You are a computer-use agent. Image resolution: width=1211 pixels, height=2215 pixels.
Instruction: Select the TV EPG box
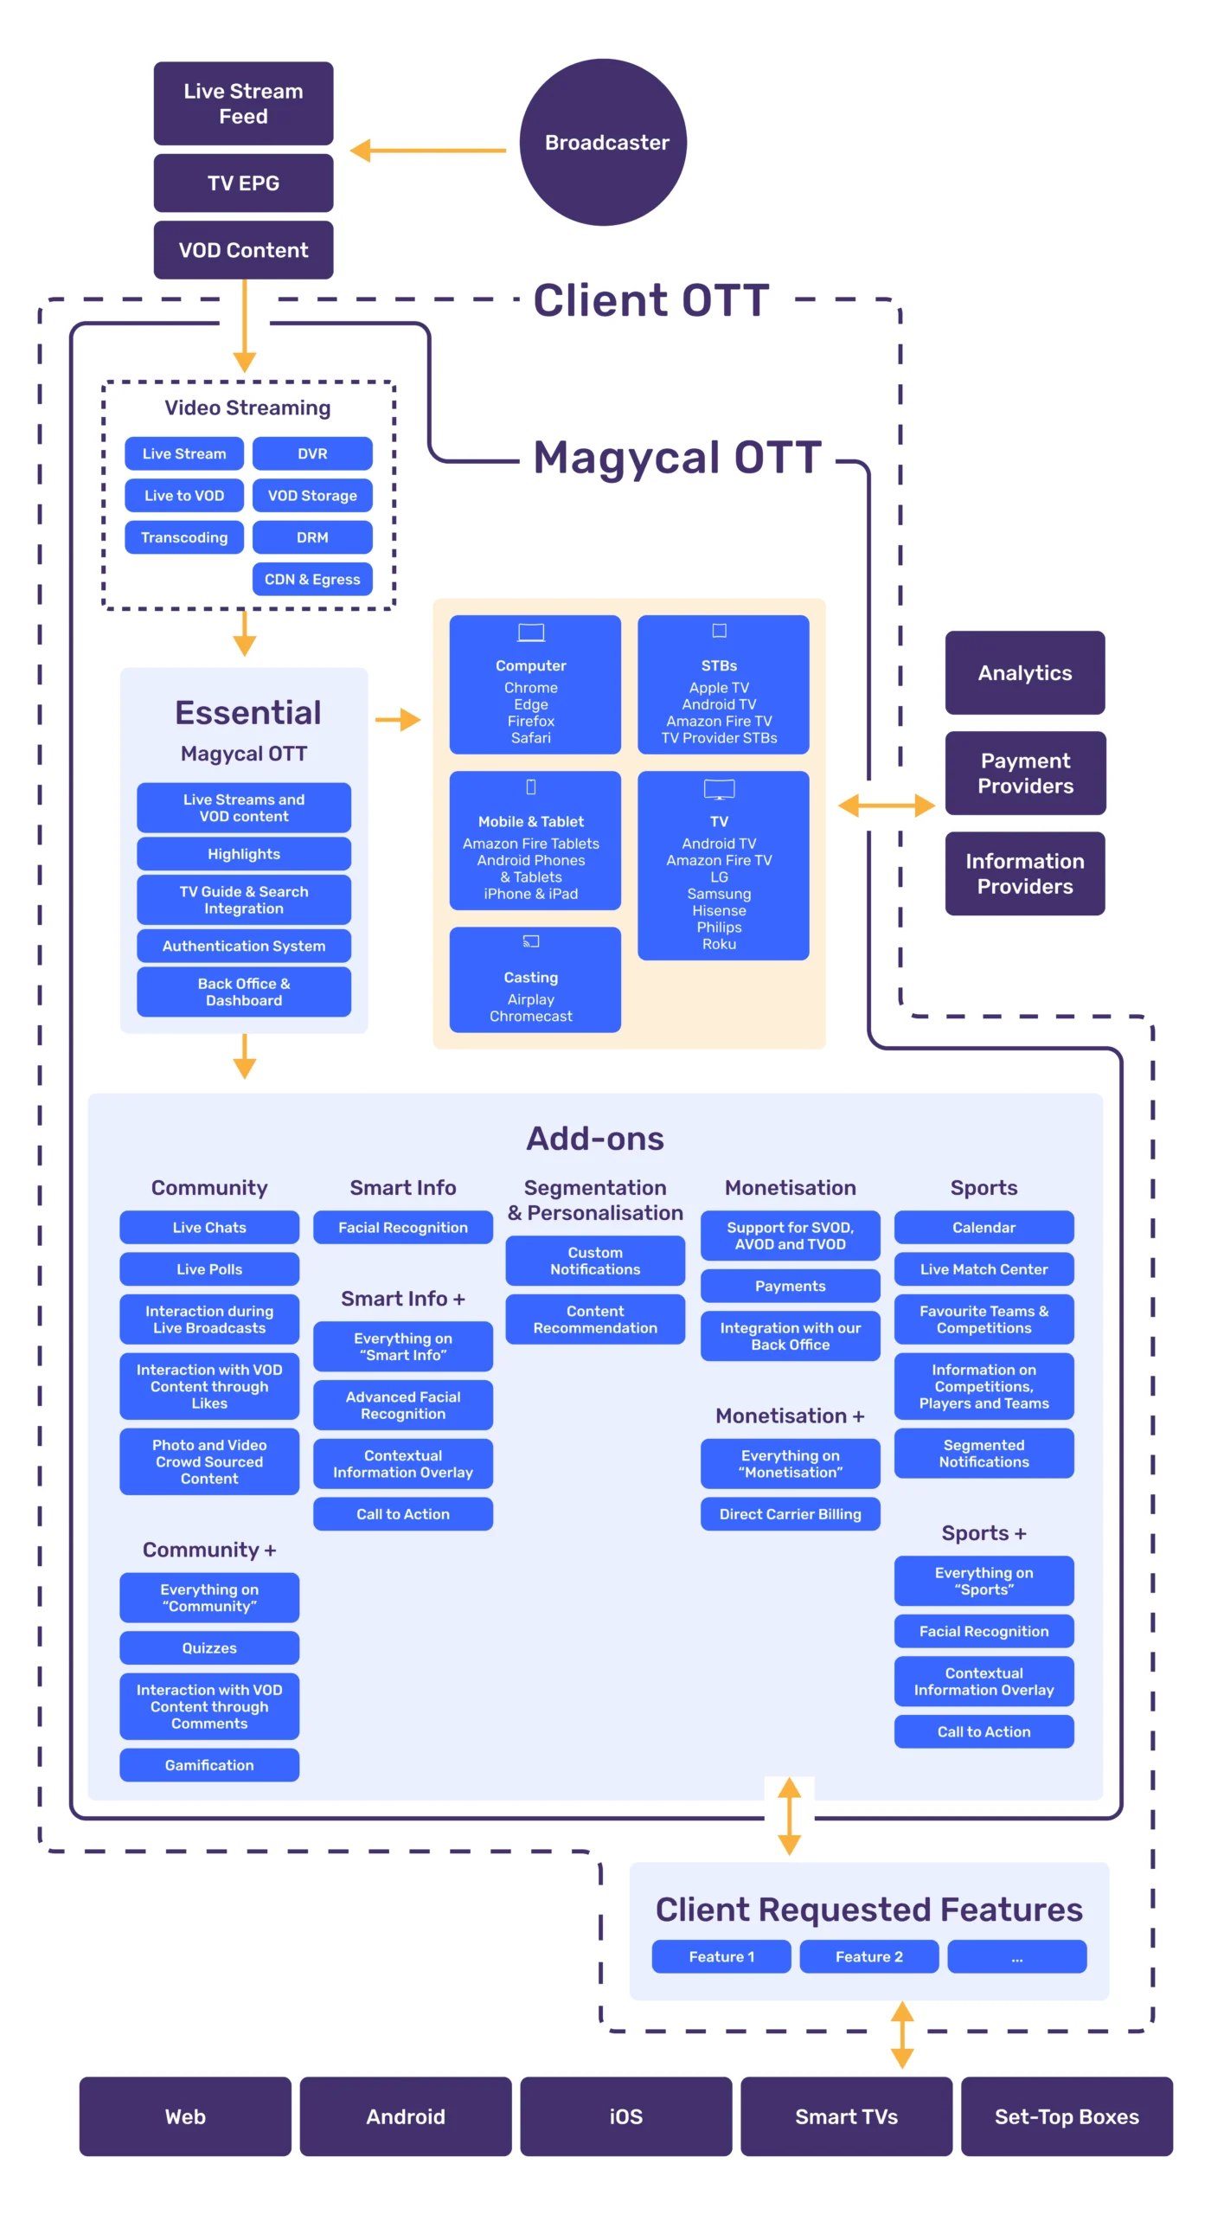pos(243,183)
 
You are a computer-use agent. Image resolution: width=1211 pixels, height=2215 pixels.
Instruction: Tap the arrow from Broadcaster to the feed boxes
pos(428,151)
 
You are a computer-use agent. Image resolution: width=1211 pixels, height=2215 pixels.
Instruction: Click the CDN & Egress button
pos(312,579)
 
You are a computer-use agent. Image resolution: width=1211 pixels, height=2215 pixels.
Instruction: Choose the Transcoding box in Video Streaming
pos(184,537)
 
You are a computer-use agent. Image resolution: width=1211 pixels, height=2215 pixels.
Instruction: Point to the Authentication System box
pos(244,946)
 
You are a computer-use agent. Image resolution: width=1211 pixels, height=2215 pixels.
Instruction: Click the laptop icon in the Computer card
pos(531,632)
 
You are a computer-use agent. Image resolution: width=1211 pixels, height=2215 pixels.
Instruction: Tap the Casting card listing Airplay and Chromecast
pos(535,979)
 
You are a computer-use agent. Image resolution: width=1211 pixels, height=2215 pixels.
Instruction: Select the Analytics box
pos(1024,672)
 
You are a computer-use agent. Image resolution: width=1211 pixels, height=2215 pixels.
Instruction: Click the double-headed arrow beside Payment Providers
pos(886,806)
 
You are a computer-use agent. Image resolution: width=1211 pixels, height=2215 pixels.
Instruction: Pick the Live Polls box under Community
pos(209,1268)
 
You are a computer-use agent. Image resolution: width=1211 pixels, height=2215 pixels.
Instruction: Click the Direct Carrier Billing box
pos(790,1513)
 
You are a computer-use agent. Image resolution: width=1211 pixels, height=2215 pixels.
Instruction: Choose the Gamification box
pos(209,1764)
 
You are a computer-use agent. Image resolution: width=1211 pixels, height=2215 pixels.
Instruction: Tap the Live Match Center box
pos(984,1268)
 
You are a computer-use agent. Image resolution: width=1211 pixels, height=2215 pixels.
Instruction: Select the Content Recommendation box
pos(595,1319)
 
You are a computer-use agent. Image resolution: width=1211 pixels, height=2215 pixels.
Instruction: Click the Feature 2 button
pos(868,1956)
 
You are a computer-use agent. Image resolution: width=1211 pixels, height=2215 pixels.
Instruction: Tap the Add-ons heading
pos(595,1139)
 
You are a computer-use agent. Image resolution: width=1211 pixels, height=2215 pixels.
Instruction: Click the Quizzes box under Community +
pos(209,1647)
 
